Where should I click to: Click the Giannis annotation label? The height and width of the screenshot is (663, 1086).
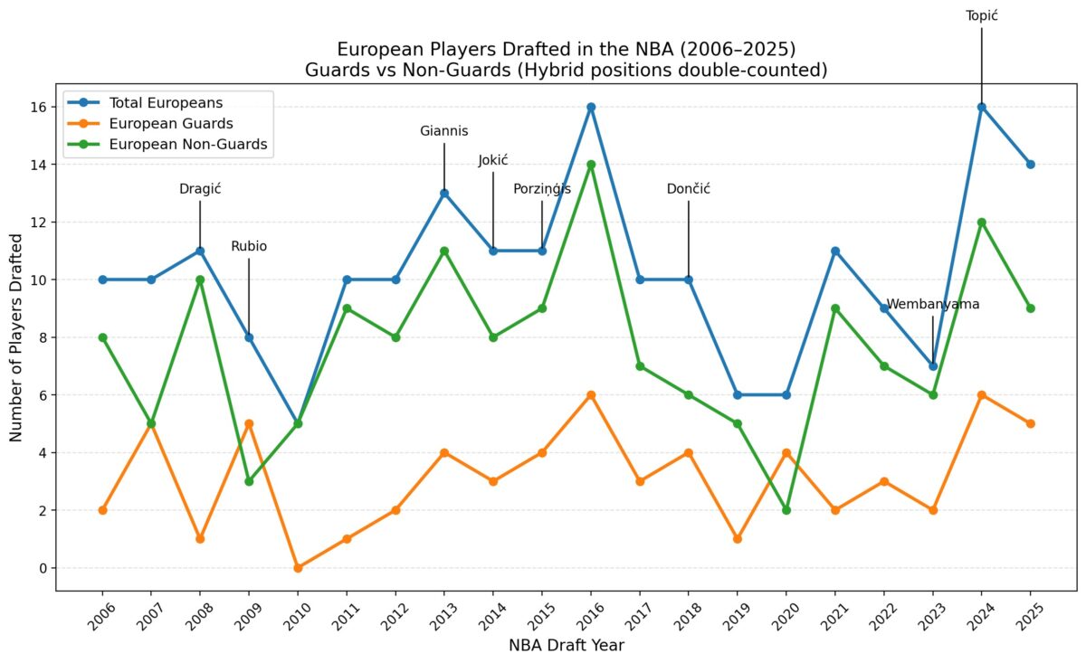pos(443,131)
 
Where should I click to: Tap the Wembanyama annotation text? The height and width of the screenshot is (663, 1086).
pos(932,304)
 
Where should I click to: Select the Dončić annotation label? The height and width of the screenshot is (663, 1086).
pos(688,189)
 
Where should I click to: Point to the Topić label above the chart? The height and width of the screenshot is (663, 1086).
pos(981,15)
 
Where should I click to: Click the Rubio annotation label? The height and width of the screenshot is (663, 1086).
pos(249,246)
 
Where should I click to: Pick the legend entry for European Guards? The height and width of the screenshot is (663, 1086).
pos(170,124)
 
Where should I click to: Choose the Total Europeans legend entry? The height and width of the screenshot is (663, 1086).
pos(166,102)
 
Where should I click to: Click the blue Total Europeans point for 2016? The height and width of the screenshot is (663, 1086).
pos(591,107)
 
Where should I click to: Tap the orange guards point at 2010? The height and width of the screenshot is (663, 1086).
pos(298,568)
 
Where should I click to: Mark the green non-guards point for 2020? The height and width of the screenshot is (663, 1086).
pos(786,510)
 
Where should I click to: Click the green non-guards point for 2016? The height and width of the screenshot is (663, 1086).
pos(591,165)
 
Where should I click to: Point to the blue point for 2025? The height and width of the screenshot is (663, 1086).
pos(1030,165)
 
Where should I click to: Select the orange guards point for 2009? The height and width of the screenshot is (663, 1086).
pos(249,423)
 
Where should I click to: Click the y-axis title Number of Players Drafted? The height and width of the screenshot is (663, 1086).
pos(17,337)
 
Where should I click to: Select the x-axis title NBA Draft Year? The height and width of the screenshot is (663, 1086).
pos(566,646)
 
